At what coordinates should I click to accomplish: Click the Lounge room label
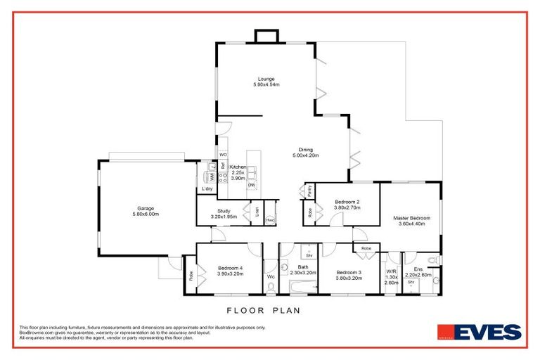click(266, 82)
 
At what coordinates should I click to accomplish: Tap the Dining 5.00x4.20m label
click(305, 153)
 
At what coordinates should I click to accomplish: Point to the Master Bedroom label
click(411, 221)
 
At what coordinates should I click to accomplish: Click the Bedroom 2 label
click(347, 205)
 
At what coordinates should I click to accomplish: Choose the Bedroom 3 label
click(349, 275)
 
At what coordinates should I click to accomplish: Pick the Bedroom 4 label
click(230, 271)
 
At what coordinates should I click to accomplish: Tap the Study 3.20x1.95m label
click(224, 214)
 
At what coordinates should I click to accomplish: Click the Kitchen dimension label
click(238, 172)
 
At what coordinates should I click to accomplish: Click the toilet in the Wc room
click(270, 286)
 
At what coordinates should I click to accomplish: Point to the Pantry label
click(309, 191)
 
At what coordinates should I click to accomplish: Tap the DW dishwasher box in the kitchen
click(251, 185)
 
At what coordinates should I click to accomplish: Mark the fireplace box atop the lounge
click(266, 37)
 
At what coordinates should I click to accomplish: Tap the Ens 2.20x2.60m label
click(418, 272)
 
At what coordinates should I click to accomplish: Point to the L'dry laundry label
click(207, 189)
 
